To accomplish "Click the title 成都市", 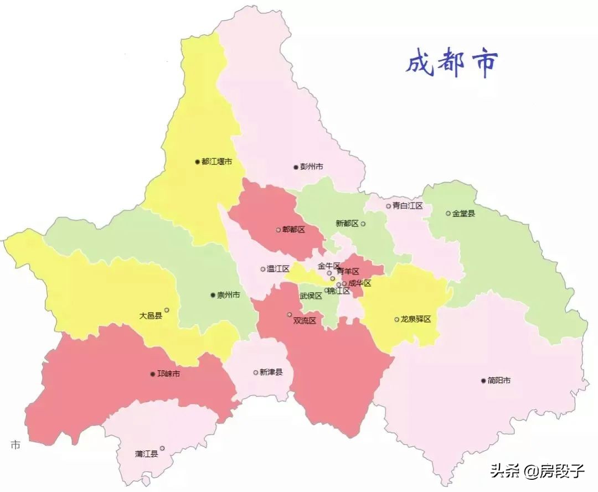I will pos(451,63).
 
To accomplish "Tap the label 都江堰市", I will pos(216,162).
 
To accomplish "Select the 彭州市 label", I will pos(312,167).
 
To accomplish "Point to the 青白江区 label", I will pos(408,206).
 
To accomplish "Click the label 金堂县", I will pos(463,213).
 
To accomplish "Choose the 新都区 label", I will pos(347,224).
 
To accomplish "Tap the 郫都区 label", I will pos(293,230).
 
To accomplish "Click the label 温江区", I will pos(278,269).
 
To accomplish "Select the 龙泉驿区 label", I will pos(416,319).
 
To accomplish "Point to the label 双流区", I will pos(304,320).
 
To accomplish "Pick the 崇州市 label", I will pos(229,295).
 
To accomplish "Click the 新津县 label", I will pos(271,372).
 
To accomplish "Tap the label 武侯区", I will pos(311,296).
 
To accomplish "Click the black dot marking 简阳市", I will pos(483,381).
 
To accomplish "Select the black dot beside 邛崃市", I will pos(153,374).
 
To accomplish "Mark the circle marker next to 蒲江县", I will pos(162,448).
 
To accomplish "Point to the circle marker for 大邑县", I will pos(167,310).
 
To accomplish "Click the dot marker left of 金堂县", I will pos(448,213).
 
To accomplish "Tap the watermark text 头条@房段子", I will pos(537,471).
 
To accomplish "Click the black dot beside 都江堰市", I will pos(197,162).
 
